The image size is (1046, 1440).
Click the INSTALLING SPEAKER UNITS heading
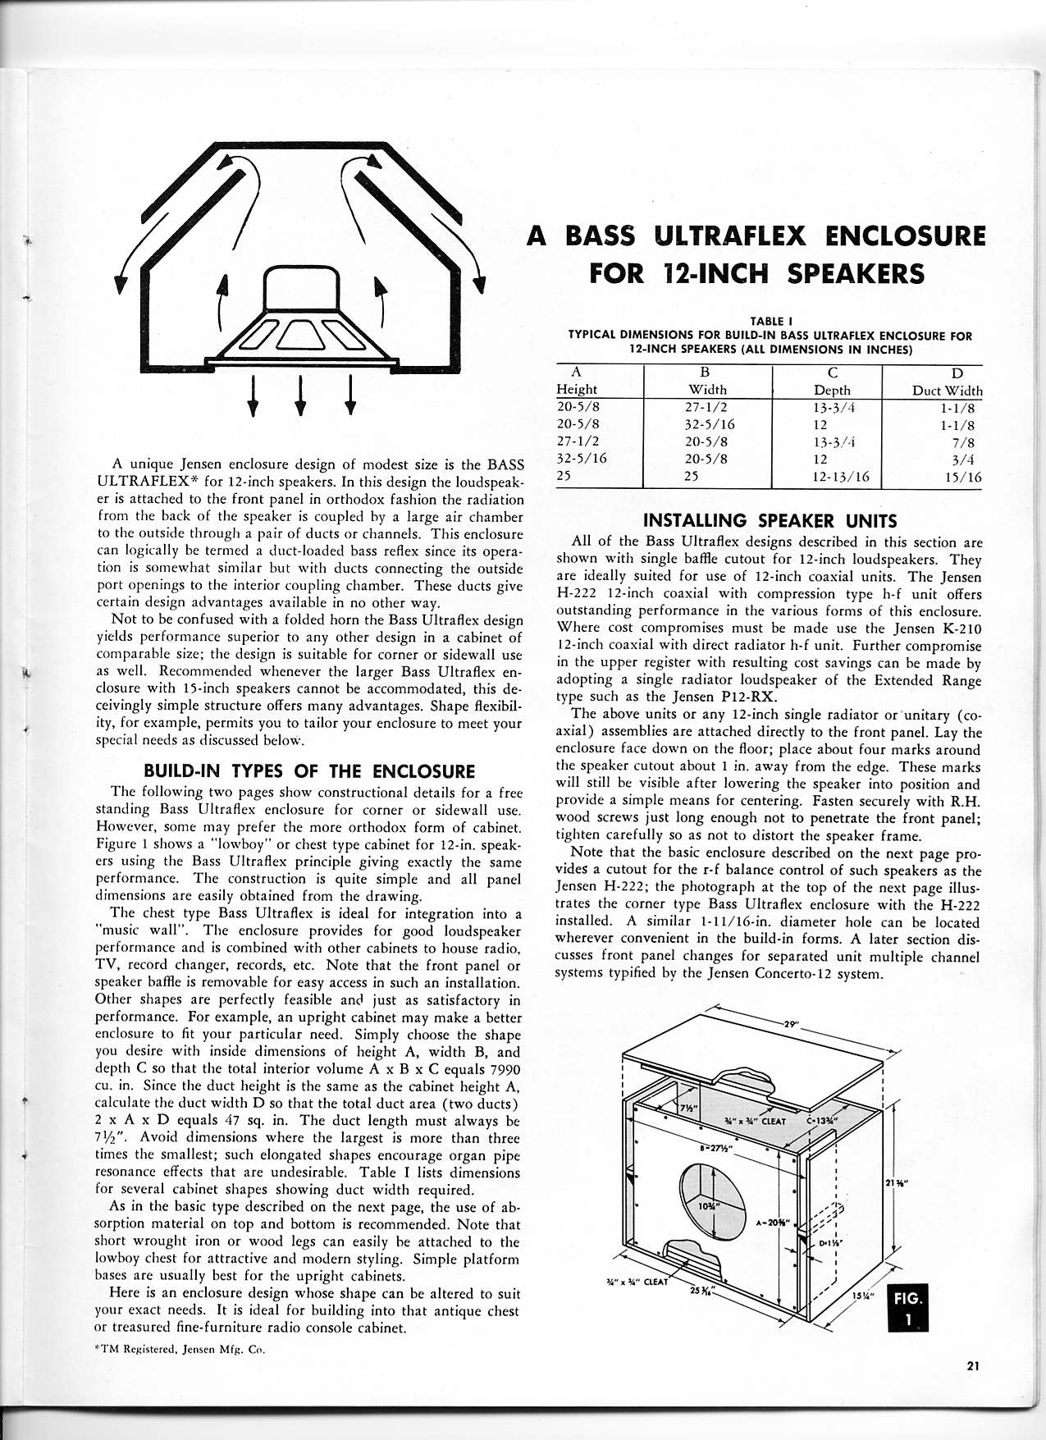pos(770,520)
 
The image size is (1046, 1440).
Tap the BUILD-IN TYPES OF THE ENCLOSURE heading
pos(309,771)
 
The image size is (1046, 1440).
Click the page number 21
pos(973,1366)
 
